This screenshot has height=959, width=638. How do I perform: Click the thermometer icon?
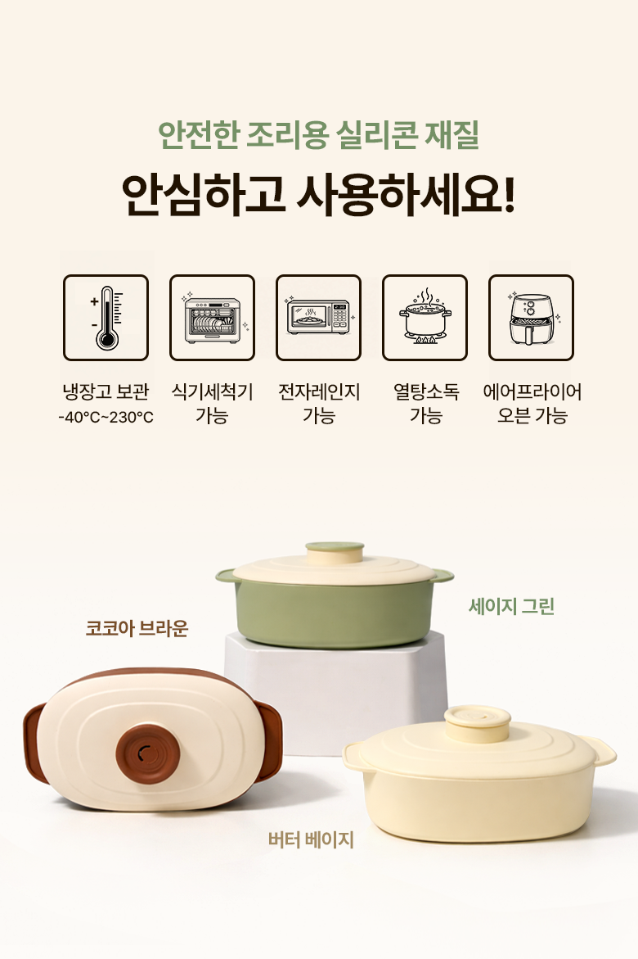tap(106, 318)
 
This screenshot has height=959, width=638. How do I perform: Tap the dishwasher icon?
tap(212, 318)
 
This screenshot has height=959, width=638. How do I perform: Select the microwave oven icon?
tap(318, 318)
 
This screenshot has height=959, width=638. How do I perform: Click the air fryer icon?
tap(531, 318)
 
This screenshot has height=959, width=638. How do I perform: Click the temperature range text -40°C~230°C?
tap(106, 417)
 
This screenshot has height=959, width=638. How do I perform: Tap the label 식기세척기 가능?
tap(212, 403)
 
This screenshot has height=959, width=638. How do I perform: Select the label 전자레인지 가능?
tap(319, 403)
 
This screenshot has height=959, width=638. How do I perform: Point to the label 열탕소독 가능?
tap(426, 403)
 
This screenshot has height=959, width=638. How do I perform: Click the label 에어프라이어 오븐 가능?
tap(532, 403)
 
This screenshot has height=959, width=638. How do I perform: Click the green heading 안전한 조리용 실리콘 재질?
tap(318, 135)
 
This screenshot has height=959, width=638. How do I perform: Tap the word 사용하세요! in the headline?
tap(407, 195)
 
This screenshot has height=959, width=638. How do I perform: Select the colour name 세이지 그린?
tap(511, 606)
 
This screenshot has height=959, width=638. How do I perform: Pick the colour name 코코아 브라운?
tap(137, 628)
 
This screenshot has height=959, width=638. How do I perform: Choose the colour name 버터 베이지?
tap(311, 839)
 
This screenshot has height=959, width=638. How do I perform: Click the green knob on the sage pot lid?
tap(335, 553)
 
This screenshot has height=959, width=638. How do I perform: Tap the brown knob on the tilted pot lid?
tap(148, 753)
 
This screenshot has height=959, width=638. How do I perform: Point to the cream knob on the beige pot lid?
tap(478, 724)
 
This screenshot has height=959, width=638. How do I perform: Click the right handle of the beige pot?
tap(601, 751)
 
